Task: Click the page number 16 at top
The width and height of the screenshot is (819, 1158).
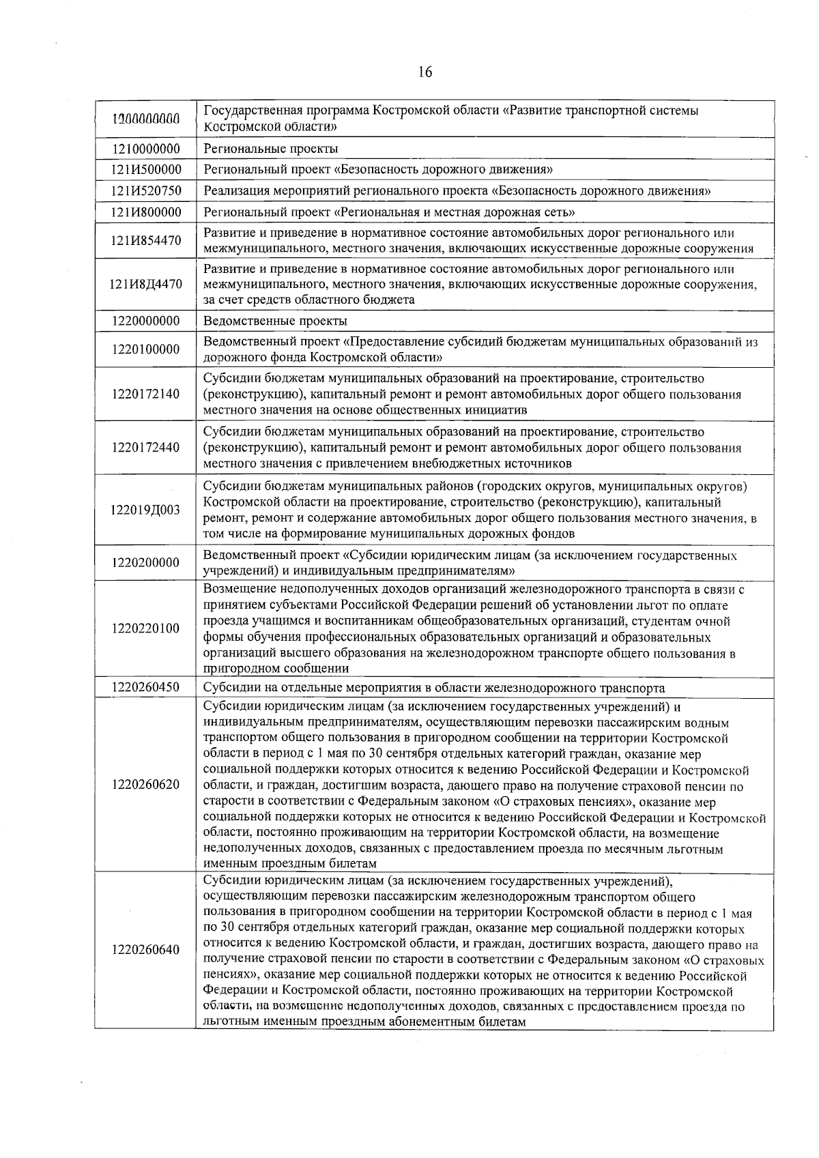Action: tap(425, 72)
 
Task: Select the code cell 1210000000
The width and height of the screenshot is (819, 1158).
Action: tap(145, 149)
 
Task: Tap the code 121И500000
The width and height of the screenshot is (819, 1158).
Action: tap(145, 169)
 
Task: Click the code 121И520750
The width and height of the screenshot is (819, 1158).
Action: tap(145, 191)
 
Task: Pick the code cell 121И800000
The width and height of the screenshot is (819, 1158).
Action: tap(145, 212)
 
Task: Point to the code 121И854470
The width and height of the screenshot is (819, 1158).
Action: tap(145, 241)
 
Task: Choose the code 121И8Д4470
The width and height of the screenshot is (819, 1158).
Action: tap(145, 284)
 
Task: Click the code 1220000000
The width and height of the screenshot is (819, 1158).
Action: tap(145, 321)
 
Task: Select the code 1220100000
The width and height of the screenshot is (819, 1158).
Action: tap(145, 349)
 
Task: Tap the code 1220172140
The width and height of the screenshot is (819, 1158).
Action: tap(145, 394)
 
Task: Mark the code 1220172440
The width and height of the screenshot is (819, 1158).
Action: tap(145, 448)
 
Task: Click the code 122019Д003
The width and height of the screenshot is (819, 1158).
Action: tap(145, 510)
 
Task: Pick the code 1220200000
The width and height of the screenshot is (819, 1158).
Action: tap(145, 563)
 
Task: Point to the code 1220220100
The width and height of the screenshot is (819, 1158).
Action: tap(145, 628)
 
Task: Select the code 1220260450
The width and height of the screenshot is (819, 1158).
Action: tap(145, 687)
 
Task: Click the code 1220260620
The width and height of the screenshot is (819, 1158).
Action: tap(145, 784)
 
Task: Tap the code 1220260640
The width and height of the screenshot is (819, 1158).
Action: tap(145, 950)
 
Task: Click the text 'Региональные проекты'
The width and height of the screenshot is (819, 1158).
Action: tap(271, 149)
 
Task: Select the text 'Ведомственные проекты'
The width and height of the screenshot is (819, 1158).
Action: tap(275, 321)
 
